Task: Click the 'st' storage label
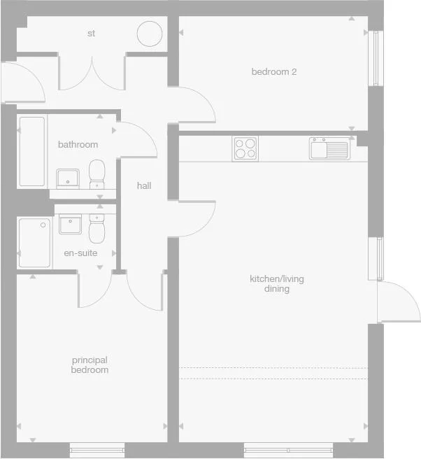[91, 33]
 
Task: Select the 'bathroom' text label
[78, 145]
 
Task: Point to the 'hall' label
[144, 185]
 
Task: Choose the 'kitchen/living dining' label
[277, 284]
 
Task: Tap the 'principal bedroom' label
[90, 365]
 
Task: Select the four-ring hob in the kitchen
[245, 148]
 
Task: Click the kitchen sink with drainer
[329, 148]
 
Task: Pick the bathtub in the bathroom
[31, 151]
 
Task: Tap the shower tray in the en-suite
[35, 243]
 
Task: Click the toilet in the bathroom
[97, 174]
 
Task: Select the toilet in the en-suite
[97, 227]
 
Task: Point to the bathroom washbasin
[68, 178]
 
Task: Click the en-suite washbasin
[71, 225]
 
